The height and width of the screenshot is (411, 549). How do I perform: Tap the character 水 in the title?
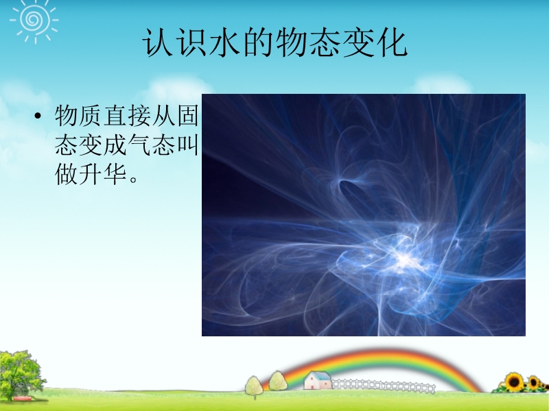coord(224,42)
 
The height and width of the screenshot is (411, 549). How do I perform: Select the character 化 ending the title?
coord(392,42)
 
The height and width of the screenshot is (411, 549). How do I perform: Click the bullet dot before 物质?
coord(38,116)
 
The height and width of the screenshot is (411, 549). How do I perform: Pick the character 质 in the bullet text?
coord(91,115)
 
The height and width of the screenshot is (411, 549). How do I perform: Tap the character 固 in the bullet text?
coord(188,115)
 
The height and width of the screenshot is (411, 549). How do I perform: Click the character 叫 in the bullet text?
coord(188,145)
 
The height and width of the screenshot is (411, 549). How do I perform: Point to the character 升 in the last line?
coord(91,174)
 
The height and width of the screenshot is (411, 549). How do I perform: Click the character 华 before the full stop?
coord(115,174)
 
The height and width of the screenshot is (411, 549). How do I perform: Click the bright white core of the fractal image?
coord(404,259)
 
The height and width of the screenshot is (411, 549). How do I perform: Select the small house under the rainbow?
coord(318,380)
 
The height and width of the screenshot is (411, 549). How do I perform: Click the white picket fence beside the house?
coord(384,386)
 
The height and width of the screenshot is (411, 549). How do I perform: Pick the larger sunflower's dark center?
coord(514,382)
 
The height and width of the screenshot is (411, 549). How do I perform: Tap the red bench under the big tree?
coord(22,399)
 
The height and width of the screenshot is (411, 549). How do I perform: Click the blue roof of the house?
coord(320,375)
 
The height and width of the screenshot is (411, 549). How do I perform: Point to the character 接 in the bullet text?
coord(139,115)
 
